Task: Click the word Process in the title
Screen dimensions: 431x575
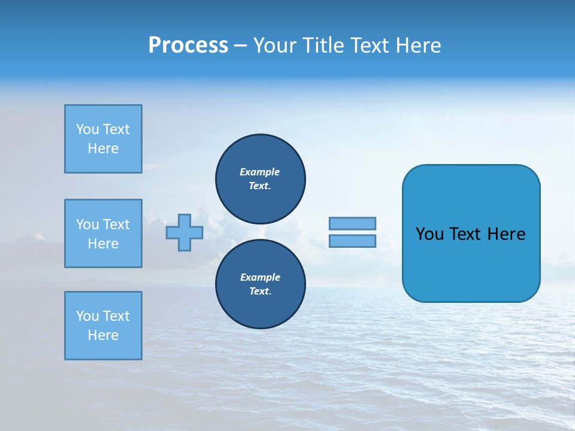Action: [x=188, y=45]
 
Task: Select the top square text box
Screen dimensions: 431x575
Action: [x=103, y=139]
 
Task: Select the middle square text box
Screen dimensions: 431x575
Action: [x=103, y=233]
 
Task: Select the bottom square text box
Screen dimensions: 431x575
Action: [x=103, y=326]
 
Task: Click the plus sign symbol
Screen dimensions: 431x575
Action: [x=184, y=232]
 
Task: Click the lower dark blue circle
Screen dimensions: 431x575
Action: [x=261, y=284]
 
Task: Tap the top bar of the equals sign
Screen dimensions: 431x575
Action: [x=352, y=223]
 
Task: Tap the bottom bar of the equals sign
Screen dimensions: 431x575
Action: [x=352, y=241]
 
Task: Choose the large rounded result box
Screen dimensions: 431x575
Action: [x=471, y=233]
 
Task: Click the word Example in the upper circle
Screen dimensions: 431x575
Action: [x=260, y=172]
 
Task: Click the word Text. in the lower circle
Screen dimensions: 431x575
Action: [x=261, y=292]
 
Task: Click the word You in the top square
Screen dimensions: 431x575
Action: [x=87, y=129]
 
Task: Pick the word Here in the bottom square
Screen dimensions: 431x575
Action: [x=103, y=335]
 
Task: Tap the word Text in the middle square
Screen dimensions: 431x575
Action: [x=116, y=224]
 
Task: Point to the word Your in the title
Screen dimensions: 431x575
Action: [x=276, y=45]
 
